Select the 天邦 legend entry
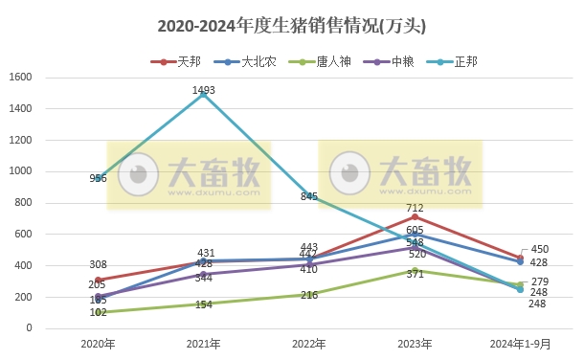click(x=179, y=61)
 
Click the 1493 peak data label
click(x=203, y=90)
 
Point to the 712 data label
click(x=414, y=207)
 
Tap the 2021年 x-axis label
click(x=203, y=343)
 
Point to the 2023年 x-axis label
click(x=414, y=343)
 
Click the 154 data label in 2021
click(x=203, y=304)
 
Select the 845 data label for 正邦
click(x=308, y=196)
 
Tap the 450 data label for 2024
click(x=540, y=249)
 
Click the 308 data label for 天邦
click(x=98, y=264)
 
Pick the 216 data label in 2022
click(x=308, y=296)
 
